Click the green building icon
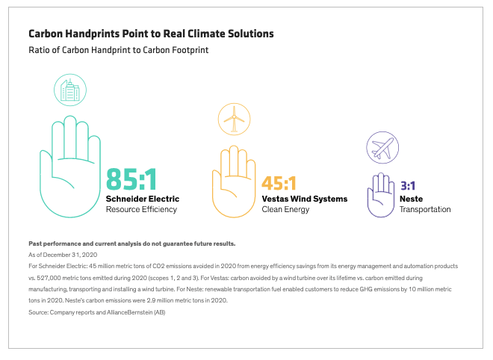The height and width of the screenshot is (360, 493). [70, 90]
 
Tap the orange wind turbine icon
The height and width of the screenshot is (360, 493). [235, 120]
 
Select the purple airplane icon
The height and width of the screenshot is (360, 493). [382, 148]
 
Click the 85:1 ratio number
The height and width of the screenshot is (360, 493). [131, 179]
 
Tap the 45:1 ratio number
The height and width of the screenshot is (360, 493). [279, 183]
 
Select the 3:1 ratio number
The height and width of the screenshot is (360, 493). [408, 186]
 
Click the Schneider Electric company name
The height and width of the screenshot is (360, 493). [143, 199]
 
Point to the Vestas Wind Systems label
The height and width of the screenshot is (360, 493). [305, 199]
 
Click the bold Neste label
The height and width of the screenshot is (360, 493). [412, 199]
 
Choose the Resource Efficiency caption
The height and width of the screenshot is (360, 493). [141, 209]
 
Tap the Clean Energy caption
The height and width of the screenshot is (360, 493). [285, 210]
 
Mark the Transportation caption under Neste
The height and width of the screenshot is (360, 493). [425, 210]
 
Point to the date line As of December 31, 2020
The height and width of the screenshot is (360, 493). [63, 255]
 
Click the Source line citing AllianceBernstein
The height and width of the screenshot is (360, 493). [97, 312]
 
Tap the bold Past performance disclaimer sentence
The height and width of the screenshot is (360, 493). [132, 243]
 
